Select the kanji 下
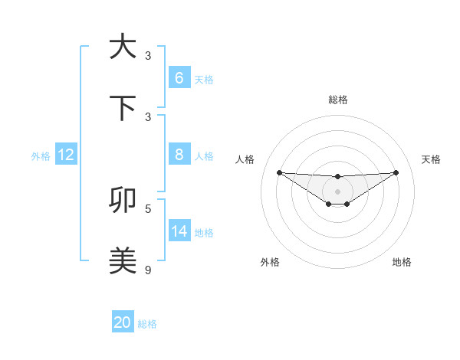[123, 108]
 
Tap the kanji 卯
[123, 200]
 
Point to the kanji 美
[123, 260]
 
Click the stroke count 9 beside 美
[148, 270]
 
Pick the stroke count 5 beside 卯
[148, 208]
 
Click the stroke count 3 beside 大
[148, 56]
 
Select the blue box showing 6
[179, 78]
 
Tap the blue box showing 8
[179, 155]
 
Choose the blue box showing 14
[179, 231]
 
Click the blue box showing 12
[66, 155]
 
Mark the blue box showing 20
[123, 322]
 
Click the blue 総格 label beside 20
[147, 324]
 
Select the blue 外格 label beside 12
[41, 156]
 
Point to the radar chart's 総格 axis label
[338, 100]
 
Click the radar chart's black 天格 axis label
[431, 159]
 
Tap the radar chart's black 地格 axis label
[402, 262]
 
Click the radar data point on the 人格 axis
[279, 172]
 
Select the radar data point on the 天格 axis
[396, 172]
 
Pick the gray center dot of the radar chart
[338, 191]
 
